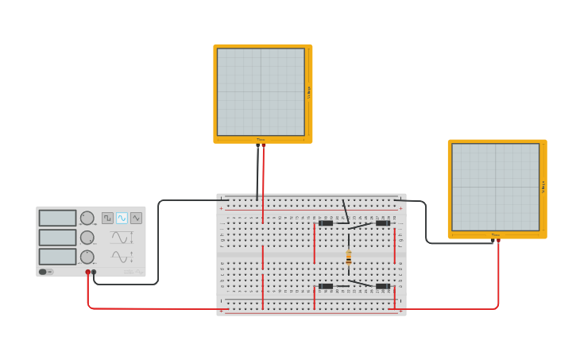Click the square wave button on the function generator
point(107,218)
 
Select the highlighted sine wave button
point(122,218)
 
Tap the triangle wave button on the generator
point(136,218)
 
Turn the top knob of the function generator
point(87,218)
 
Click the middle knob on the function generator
point(87,237)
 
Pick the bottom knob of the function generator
point(87,257)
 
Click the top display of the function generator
point(57,218)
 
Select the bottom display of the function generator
point(57,257)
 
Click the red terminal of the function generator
point(88,272)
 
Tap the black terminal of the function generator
point(94,272)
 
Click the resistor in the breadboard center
point(348,257)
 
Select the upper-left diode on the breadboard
point(326,223)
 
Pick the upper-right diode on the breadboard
point(383,223)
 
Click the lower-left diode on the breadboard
point(326,286)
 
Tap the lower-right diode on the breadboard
point(383,286)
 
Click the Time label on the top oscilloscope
point(261,140)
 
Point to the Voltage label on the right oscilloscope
point(543,188)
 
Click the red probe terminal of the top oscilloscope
point(264,146)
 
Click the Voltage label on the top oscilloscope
point(309,92)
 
